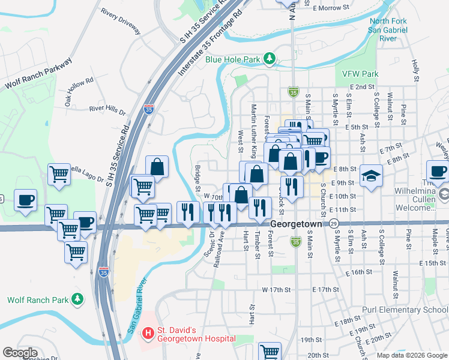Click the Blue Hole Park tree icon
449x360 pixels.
coord(271,58)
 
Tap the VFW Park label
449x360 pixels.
coord(360,74)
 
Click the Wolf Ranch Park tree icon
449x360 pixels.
coord(77,299)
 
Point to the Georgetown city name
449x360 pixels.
coord(297,223)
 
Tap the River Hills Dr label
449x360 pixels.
coord(107,111)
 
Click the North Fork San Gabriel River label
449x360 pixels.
coord(388,29)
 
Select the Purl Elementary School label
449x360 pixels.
coord(405,310)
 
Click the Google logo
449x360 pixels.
coord(20,353)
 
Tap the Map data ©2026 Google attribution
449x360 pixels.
coord(412,355)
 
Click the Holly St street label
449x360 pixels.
coord(414,69)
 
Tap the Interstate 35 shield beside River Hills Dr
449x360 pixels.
coord(148,109)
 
